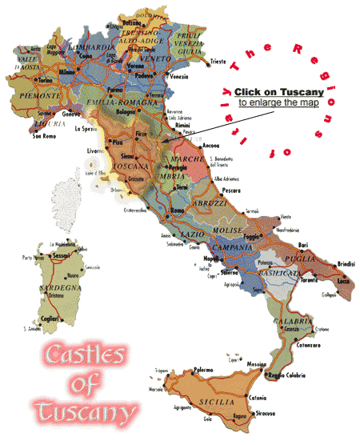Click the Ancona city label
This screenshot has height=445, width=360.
[x=211, y=146]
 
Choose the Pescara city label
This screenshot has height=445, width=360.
[x=230, y=191]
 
